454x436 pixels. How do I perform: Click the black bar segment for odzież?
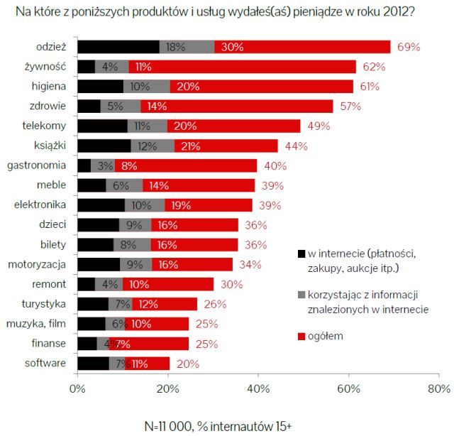118,47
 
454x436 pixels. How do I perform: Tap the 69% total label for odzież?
409,47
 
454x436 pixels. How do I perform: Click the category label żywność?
46,67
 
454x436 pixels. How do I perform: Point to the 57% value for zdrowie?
350,107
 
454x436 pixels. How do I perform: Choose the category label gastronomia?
37,165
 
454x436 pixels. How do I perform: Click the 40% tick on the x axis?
258,388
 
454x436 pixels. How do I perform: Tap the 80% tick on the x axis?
438,388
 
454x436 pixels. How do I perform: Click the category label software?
46,363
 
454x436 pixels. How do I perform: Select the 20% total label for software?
187,363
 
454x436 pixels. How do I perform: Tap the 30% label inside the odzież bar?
233,47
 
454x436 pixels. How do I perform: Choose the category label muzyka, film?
40,323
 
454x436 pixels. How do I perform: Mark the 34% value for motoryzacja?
252,264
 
